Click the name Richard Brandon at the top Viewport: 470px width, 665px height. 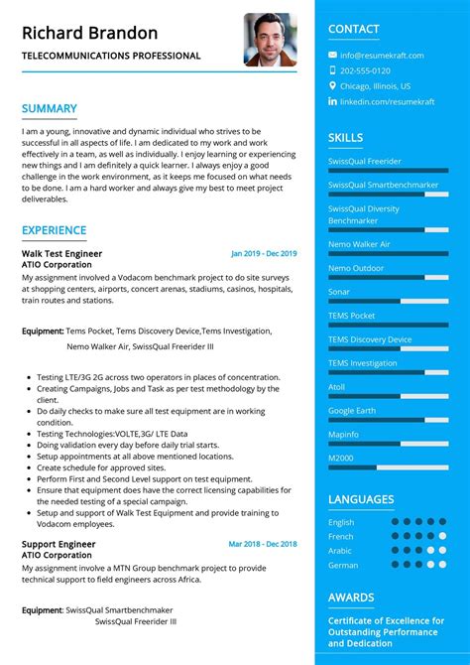[90, 33]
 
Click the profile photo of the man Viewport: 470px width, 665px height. [270, 39]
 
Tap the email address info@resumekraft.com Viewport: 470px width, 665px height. [382, 56]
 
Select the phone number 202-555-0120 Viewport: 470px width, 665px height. [365, 71]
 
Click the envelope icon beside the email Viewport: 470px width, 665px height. [332, 56]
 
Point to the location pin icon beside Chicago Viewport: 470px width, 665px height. [332, 86]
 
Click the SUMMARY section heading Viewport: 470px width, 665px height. [50, 108]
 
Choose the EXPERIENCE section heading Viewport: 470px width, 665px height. [55, 230]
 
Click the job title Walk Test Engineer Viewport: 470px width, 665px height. [61, 254]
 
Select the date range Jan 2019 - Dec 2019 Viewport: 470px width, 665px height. [264, 254]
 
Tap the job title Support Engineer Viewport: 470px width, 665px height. [57, 544]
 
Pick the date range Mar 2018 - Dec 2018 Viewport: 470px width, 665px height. [263, 544]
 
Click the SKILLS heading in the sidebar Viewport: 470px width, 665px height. [345, 138]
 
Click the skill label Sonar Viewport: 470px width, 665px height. [339, 292]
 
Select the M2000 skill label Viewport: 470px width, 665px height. [341, 459]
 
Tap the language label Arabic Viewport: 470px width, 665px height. [340, 551]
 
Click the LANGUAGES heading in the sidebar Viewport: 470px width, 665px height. [361, 499]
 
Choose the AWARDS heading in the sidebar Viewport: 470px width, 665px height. [351, 598]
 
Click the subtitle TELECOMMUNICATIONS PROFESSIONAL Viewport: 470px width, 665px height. [111, 57]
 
